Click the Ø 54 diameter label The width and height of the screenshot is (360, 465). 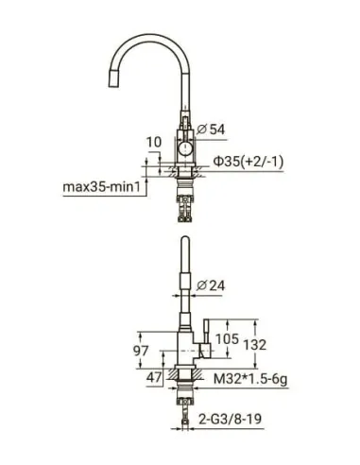211,129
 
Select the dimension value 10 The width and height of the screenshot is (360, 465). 154,142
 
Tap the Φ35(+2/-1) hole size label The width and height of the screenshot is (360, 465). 249,162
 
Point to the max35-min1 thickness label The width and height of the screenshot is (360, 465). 101,187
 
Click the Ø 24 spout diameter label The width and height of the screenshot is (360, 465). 211,285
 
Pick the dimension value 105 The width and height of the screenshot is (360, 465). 227,339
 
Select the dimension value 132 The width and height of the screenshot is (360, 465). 255,345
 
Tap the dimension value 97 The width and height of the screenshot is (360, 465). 141,351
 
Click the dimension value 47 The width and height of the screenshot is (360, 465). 154,377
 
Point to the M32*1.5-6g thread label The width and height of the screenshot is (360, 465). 250,379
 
